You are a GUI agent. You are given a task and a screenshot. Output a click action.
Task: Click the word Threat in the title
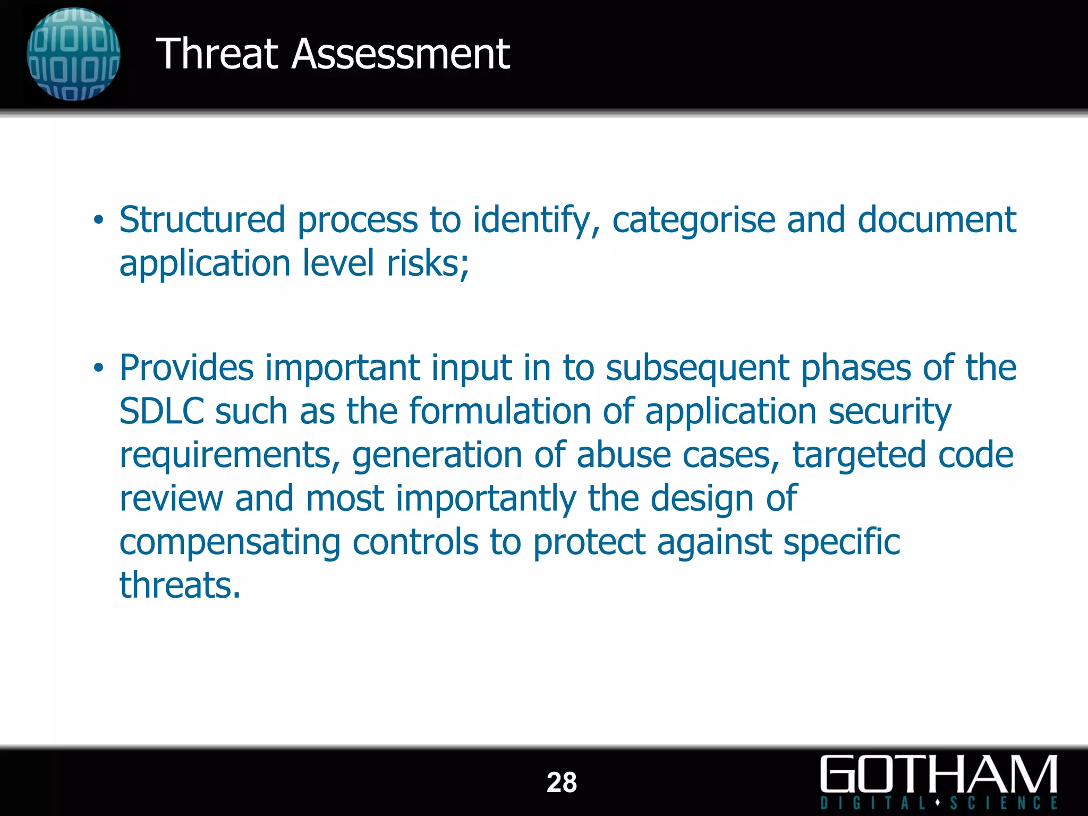[217, 54]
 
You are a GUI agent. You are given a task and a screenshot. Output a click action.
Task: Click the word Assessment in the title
[401, 54]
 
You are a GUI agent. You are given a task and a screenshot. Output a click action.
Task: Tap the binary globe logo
[73, 54]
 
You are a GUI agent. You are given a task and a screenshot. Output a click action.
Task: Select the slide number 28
[562, 783]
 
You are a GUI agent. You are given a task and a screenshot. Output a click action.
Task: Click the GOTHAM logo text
[939, 775]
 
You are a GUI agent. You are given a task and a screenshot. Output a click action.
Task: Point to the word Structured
[202, 220]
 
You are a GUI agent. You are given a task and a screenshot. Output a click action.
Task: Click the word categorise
[693, 220]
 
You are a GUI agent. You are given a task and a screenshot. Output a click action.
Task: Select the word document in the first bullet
[937, 220]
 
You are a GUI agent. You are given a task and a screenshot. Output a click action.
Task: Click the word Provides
[186, 368]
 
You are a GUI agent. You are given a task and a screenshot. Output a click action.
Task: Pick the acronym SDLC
[161, 411]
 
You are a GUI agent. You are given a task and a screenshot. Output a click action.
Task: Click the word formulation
[500, 411]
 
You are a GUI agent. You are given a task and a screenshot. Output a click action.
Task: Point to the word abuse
[624, 455]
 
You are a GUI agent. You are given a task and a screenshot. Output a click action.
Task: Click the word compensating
[229, 543]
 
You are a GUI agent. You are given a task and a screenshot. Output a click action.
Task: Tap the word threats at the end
[180, 585]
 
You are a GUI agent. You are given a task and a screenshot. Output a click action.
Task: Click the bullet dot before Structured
[98, 220]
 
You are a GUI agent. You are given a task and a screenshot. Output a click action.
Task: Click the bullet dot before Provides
[98, 368]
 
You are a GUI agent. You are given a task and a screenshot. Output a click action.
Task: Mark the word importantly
[486, 499]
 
